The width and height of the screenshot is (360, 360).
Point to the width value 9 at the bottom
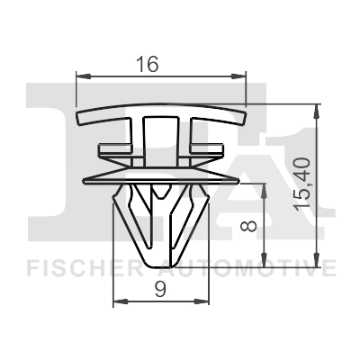(x=159, y=289)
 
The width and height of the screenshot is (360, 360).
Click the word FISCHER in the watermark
(x=81, y=267)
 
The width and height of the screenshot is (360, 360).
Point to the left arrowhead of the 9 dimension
(x=117, y=304)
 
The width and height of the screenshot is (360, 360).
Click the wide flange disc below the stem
(x=160, y=175)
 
